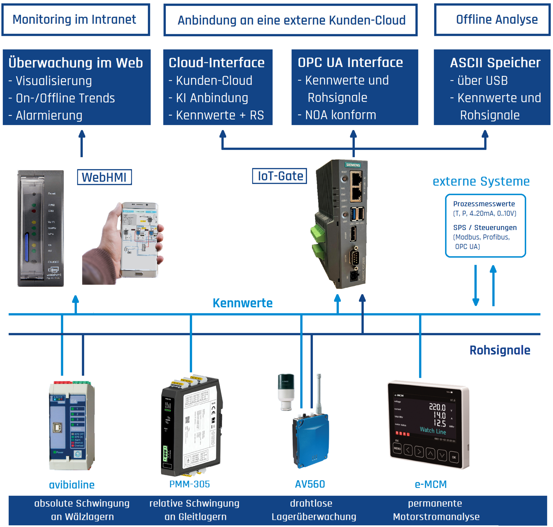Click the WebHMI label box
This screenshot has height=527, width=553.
tap(104, 177)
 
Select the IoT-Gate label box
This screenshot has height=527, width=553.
tap(279, 176)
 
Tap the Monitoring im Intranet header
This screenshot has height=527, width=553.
tap(75, 20)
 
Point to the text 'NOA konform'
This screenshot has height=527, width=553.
tap(340, 115)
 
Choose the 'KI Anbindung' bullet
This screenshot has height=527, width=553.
tap(212, 98)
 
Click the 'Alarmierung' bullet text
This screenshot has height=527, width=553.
tap(49, 115)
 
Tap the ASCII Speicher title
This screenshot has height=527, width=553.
tap(495, 63)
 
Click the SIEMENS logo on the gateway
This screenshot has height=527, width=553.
tap(353, 165)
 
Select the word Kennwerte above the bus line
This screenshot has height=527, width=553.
tap(243, 303)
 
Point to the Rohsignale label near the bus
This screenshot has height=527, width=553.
tap(500, 350)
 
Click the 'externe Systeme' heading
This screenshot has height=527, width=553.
tap(481, 181)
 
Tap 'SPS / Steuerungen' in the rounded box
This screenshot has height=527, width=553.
tap(485, 227)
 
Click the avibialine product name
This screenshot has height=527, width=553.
tap(72, 485)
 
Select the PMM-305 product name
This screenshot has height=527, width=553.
tap(190, 484)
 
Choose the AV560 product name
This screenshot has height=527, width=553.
tap(310, 484)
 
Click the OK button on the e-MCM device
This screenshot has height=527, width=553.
tap(454, 457)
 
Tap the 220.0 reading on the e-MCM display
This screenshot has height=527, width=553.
tap(437, 407)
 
